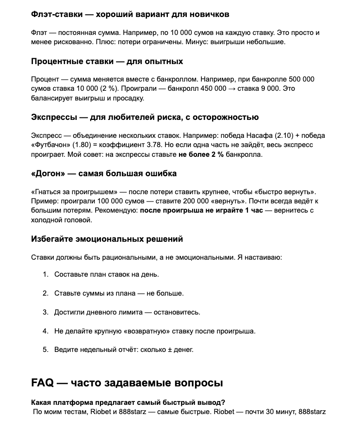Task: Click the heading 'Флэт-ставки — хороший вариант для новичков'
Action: click(130, 14)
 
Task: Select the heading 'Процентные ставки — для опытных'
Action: click(107, 61)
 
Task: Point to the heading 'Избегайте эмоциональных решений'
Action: click(107, 239)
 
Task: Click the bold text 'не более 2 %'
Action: click(201, 155)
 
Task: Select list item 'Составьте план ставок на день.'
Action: click(107, 274)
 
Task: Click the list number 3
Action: click(46, 312)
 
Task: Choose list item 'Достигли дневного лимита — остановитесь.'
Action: click(127, 312)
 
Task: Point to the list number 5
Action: click(46, 350)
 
